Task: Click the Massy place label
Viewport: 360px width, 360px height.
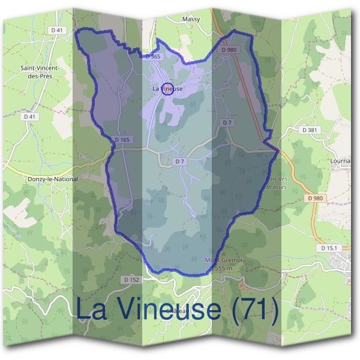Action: pos(191,19)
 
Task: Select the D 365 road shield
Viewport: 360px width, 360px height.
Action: pos(154,56)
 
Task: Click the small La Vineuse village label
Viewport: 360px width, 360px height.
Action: pos(167,89)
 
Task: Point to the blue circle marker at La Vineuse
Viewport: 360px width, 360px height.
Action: pos(168,89)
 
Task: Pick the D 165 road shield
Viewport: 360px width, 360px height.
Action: pos(122,140)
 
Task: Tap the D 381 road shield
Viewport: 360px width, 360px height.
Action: pos(310,130)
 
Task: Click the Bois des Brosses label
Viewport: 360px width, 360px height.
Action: pos(276,183)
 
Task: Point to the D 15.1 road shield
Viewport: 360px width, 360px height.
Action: pos(330,248)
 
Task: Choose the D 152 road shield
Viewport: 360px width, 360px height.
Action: pos(131,280)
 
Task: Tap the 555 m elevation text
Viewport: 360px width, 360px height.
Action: pos(219,268)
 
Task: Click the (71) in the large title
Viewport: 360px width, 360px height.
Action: pos(254,310)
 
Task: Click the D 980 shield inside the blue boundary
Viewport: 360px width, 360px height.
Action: pos(229,50)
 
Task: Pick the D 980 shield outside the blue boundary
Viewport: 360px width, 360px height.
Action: pos(315,198)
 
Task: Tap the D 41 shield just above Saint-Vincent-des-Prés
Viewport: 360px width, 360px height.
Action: pos(57,30)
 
